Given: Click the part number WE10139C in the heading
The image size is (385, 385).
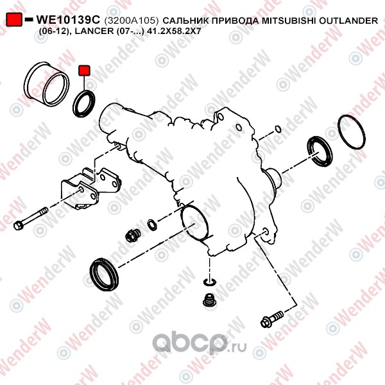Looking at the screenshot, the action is point(68,20).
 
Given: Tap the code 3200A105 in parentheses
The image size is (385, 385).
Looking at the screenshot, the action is point(132,21).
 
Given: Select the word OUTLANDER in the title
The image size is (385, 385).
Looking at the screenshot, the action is point(348,21).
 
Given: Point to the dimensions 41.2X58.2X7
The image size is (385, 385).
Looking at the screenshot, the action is point(175,31).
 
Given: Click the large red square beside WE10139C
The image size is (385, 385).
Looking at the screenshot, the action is point(14,19).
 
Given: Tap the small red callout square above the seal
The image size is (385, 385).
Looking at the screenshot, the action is point(84,71).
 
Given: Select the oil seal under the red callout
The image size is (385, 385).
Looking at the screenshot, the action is point(83,103).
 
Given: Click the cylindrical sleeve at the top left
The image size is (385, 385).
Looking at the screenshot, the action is point(46,83).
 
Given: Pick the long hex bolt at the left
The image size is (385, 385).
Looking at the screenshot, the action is point(31,218).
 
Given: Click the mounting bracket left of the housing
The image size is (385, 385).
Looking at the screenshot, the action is point(90,188).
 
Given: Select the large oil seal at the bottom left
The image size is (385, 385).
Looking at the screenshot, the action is point(104,274).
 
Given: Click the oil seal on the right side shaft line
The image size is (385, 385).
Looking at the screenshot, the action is point(320,151).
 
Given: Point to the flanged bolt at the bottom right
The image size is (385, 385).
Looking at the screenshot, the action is point(272,318).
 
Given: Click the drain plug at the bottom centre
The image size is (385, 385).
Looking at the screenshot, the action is point(210,300).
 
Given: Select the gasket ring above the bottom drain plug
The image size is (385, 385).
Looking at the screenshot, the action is point(209,282).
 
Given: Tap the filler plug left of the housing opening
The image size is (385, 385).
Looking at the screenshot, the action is point(133,235).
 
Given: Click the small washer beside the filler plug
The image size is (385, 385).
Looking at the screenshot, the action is point(152,225).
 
